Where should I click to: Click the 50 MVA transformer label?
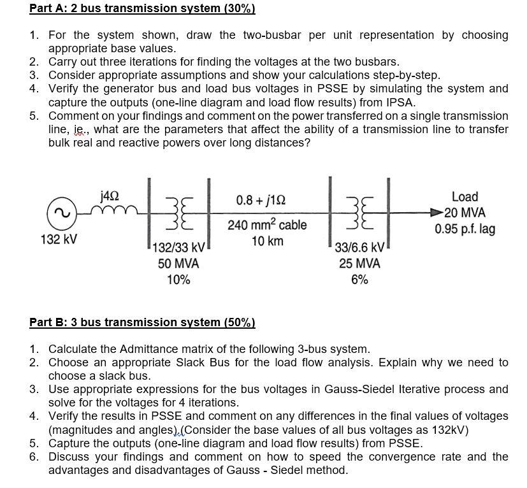click(x=178, y=263)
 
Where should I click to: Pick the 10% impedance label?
click(x=178, y=279)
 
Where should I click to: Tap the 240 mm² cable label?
click(x=267, y=225)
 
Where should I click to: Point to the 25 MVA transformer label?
click(x=359, y=263)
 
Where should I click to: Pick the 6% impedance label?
click(x=359, y=279)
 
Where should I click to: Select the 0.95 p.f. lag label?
click(x=465, y=229)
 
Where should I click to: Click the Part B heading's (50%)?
click(x=232, y=322)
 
